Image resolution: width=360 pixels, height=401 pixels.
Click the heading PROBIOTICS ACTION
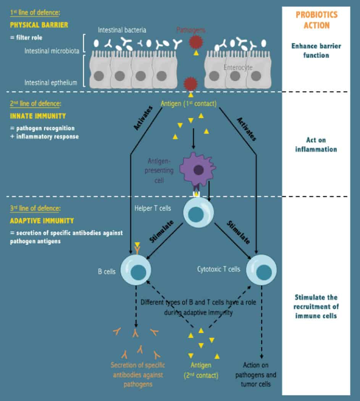click(x=316, y=20)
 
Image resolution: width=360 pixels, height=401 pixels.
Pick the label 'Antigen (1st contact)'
click(x=189, y=103)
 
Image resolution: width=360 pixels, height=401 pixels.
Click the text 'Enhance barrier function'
click(x=316, y=51)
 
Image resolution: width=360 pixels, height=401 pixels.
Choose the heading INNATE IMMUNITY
click(x=38, y=116)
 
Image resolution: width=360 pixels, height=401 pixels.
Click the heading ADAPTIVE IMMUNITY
click(x=42, y=221)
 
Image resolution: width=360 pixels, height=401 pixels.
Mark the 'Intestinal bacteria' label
click(x=122, y=29)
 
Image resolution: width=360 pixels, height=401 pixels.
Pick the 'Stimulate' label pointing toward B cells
click(x=161, y=231)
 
